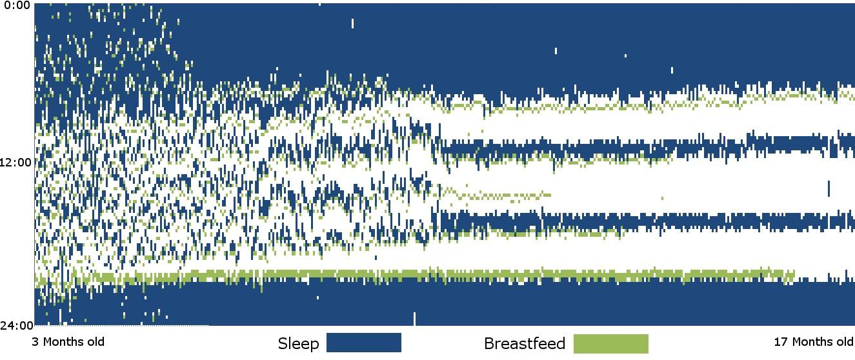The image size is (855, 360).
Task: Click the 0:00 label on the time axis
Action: coord(17,6)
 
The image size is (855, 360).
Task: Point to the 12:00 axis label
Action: coord(16,163)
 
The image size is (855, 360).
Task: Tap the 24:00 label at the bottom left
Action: coord(17,326)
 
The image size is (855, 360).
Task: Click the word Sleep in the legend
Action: coord(298,344)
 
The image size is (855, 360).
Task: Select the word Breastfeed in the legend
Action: coord(525,344)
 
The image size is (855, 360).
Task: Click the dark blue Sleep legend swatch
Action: coord(364,343)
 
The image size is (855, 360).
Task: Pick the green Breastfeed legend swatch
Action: coord(610,344)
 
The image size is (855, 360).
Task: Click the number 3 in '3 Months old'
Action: coord(35,342)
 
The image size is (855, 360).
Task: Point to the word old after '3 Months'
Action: coord(96,341)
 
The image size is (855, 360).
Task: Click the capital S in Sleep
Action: coord(283,344)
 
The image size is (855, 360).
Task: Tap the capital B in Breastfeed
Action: coord(489,344)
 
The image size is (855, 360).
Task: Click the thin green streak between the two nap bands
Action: coord(496,196)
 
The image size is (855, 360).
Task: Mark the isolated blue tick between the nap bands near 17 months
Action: coord(829,188)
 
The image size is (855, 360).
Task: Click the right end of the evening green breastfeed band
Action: coord(794,275)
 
